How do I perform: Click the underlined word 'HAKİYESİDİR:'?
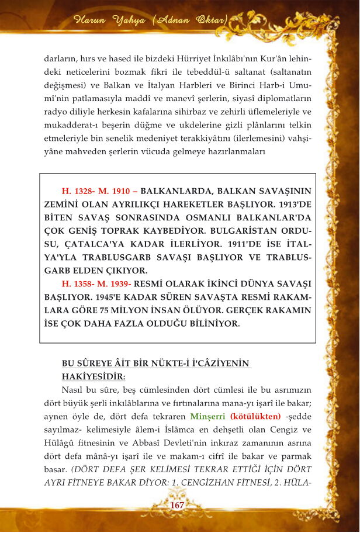click(x=94, y=376)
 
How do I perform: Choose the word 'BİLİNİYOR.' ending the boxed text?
click(x=210, y=324)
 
